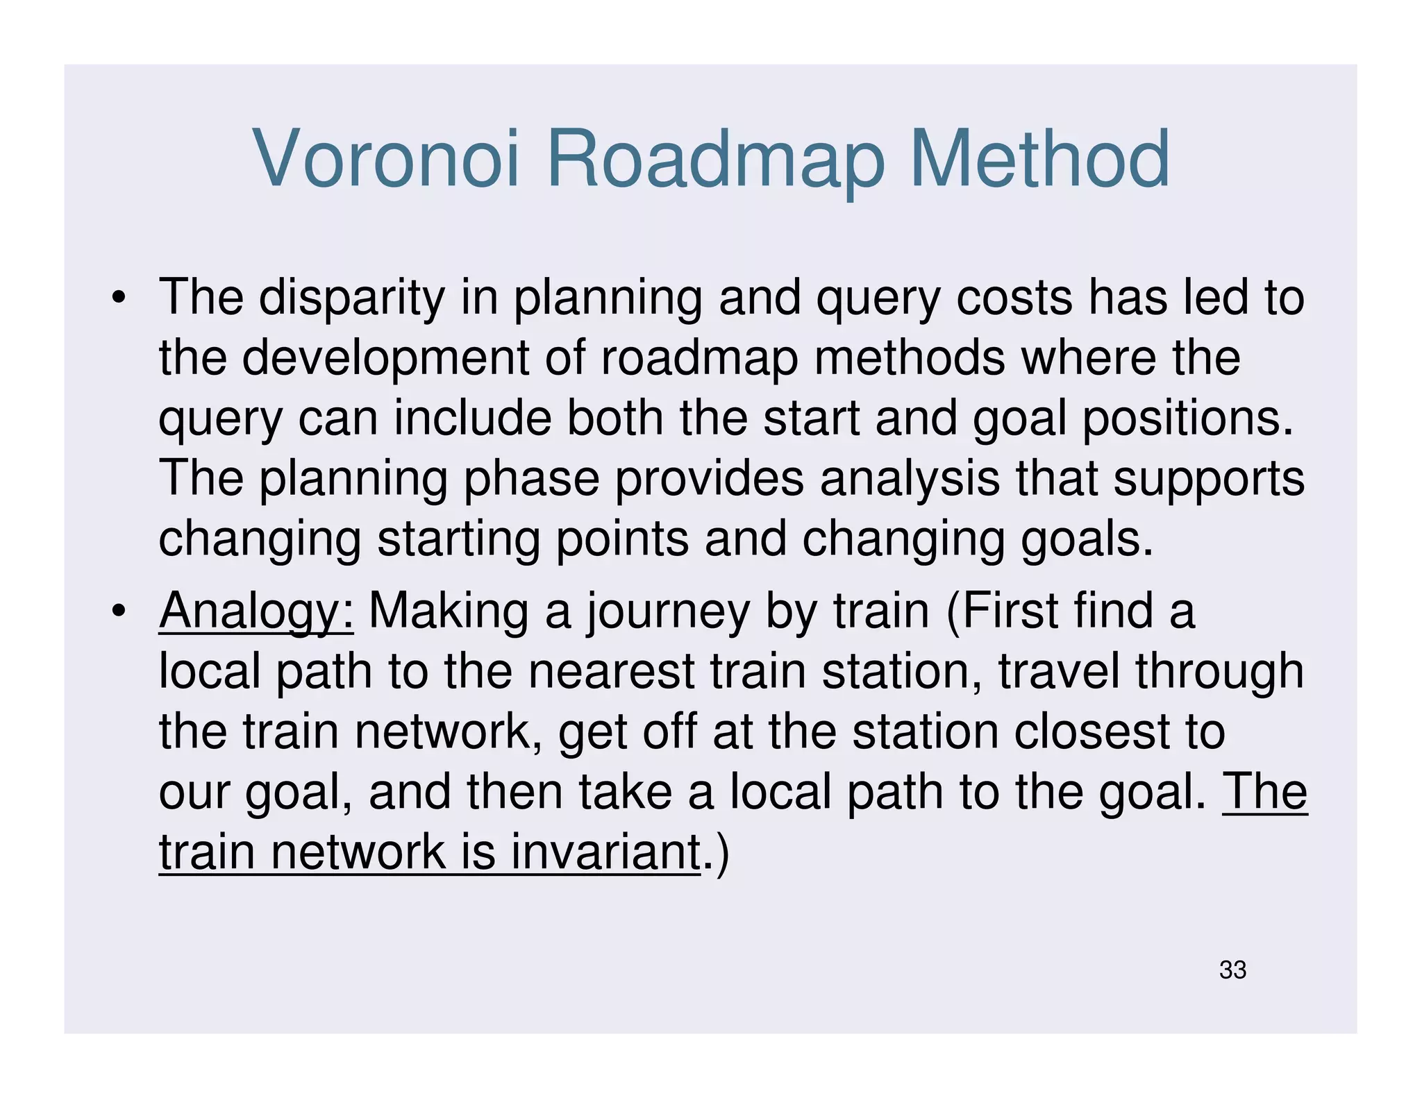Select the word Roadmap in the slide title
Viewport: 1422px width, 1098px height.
click(715, 161)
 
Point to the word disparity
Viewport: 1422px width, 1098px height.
click(351, 298)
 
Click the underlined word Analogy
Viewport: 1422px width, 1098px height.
click(256, 611)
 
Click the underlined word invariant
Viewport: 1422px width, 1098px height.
click(605, 852)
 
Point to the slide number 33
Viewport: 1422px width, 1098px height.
click(1232, 970)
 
